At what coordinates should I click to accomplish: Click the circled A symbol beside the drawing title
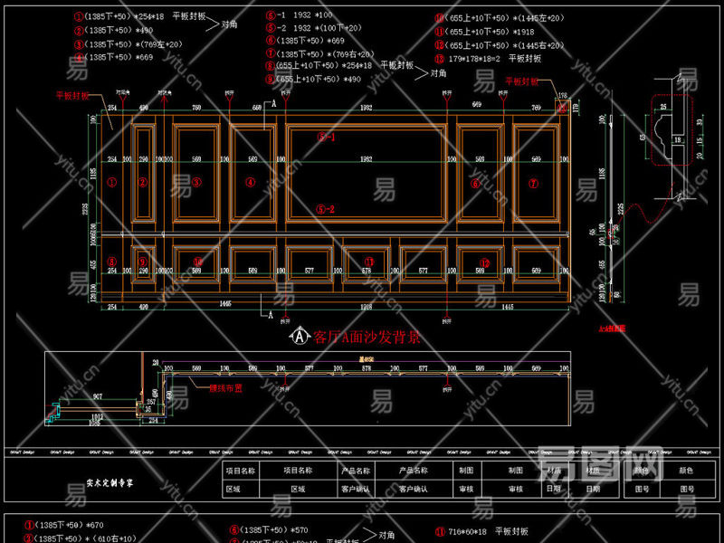[296, 337]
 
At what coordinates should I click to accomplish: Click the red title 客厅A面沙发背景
[366, 338]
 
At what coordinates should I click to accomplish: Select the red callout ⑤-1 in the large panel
[326, 138]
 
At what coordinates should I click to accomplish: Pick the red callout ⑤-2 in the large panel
[326, 209]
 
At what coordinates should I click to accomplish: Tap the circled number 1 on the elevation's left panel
[112, 181]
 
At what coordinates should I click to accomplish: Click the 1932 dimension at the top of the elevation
[366, 108]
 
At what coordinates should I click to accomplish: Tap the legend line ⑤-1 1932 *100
[299, 16]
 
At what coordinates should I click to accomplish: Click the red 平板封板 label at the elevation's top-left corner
[73, 94]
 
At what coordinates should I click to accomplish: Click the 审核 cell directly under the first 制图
[466, 489]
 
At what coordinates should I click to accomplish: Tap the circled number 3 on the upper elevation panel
[197, 182]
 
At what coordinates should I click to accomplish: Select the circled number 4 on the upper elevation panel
[251, 182]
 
